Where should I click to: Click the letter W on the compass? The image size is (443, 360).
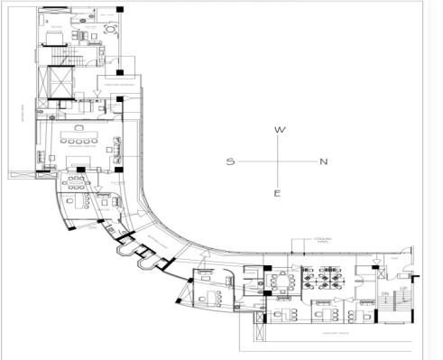pyautogui.click(x=280, y=131)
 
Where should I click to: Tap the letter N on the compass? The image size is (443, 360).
pyautogui.click(x=323, y=162)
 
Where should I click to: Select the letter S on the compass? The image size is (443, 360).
pyautogui.click(x=231, y=162)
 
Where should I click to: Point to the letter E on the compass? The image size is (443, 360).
pyautogui.click(x=279, y=193)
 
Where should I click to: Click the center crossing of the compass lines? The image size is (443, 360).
pyautogui.click(x=279, y=162)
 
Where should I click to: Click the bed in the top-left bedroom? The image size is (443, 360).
pyautogui.click(x=56, y=33)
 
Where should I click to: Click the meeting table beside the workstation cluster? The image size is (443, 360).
pyautogui.click(x=281, y=281)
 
